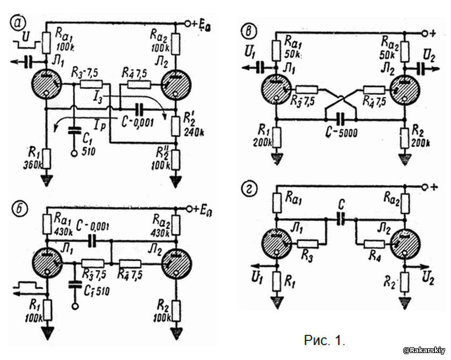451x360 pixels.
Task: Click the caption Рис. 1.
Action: coord(324,340)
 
